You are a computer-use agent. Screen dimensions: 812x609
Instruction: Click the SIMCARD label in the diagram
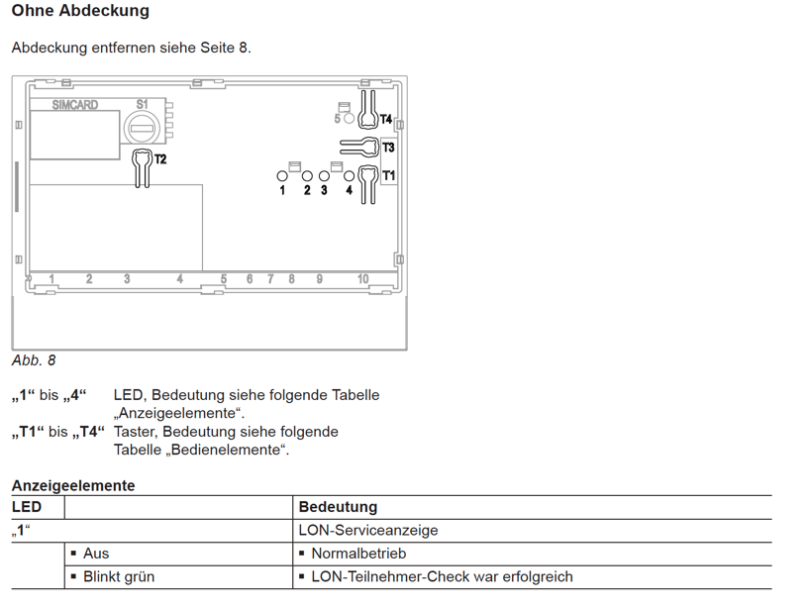(x=74, y=105)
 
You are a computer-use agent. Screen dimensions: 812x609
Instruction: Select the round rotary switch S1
(x=140, y=128)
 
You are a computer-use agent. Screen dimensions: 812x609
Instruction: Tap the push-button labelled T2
(x=143, y=168)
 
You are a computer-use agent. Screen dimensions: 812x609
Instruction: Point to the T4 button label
(x=386, y=120)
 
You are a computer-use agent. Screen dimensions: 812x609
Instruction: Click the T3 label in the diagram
(x=388, y=148)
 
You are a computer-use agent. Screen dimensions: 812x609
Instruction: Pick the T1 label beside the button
(x=388, y=175)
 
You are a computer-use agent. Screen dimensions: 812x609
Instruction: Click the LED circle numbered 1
(x=282, y=176)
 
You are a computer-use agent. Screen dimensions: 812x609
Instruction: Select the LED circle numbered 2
(x=307, y=176)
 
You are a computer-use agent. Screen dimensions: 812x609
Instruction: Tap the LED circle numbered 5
(x=349, y=118)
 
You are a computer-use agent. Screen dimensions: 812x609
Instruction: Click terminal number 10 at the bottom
(x=362, y=279)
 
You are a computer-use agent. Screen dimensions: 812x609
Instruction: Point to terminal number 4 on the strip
(x=179, y=279)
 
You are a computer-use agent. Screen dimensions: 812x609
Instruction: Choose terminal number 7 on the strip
(x=270, y=279)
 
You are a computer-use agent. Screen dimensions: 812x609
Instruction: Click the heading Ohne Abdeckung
(x=80, y=10)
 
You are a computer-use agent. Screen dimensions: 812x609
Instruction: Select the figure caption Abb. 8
(x=33, y=360)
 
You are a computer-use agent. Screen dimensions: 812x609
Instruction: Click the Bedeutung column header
(x=338, y=507)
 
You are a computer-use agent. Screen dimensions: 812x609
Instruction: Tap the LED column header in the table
(x=27, y=507)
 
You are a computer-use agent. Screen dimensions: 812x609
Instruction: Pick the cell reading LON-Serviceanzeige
(x=368, y=531)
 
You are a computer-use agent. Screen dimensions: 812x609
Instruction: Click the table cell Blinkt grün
(x=119, y=577)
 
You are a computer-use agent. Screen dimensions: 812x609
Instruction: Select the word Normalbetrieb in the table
(x=358, y=554)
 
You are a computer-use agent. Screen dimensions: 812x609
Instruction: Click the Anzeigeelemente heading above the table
(x=73, y=486)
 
